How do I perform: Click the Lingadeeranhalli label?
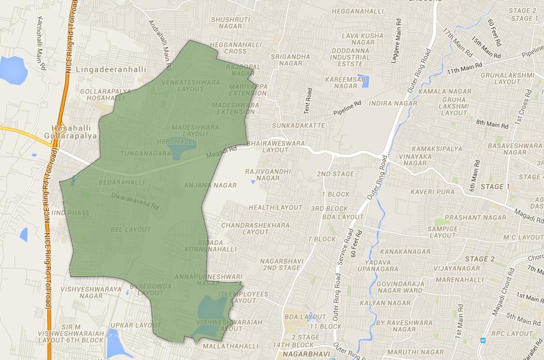112,69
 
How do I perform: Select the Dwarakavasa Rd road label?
134,200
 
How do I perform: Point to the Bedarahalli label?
122,182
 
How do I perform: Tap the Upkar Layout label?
140,325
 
